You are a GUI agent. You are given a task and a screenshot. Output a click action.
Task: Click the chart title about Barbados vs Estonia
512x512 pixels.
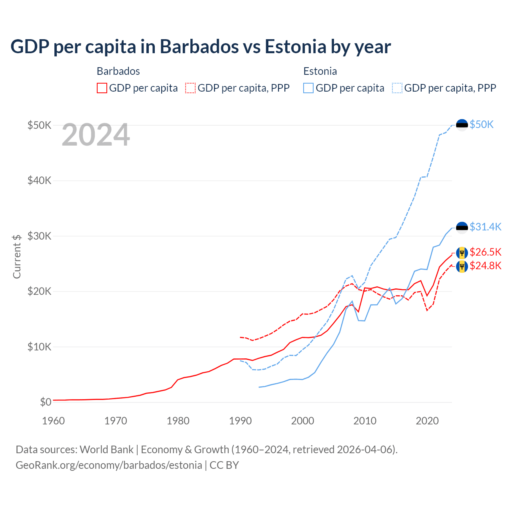(x=200, y=47)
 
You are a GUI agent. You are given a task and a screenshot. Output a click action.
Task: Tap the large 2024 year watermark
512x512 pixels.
(x=96, y=135)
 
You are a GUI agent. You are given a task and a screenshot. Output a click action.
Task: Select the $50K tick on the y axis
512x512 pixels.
(x=39, y=125)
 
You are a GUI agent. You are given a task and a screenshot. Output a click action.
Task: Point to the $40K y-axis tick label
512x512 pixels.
(x=39, y=180)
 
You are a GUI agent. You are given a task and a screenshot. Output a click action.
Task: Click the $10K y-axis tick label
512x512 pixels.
(x=39, y=347)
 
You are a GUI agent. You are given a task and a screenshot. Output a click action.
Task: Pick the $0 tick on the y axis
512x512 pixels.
(x=46, y=402)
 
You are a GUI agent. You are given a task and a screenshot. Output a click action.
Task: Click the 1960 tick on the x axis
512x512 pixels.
(x=53, y=421)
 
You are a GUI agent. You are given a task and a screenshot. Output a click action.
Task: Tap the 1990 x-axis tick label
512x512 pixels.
(x=240, y=421)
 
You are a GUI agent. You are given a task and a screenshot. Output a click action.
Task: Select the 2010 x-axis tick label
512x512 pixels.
(x=365, y=421)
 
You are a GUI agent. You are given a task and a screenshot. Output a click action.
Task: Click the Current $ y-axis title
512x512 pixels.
(x=17, y=256)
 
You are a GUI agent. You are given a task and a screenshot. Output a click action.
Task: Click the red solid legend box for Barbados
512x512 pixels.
(x=102, y=88)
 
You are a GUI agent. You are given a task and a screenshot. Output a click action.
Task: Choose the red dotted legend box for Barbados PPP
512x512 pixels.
(x=190, y=88)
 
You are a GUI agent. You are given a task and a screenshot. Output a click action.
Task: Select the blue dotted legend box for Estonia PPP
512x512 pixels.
(x=397, y=88)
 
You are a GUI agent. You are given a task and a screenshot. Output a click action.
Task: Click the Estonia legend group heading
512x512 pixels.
(x=320, y=71)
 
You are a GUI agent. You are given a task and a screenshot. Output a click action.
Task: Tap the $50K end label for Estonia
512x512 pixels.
(x=482, y=125)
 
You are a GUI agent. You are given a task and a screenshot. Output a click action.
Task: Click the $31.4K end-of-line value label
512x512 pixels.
(x=485, y=227)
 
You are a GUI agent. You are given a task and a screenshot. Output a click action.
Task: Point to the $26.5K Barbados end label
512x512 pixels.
(x=485, y=252)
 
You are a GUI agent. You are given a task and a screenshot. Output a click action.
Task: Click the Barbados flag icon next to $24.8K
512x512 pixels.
(x=462, y=266)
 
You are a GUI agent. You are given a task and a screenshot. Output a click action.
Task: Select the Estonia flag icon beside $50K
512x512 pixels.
(x=462, y=125)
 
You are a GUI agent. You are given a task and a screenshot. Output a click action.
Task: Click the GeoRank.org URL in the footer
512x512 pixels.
(x=109, y=465)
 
